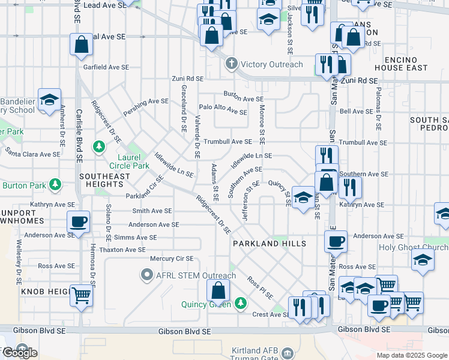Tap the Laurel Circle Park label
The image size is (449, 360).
point(129,161)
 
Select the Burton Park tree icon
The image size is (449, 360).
point(55,184)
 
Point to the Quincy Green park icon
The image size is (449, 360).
point(241,303)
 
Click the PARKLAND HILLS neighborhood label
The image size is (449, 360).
point(270,244)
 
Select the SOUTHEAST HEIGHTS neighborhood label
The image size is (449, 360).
point(104,176)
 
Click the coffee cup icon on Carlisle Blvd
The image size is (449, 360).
point(79,223)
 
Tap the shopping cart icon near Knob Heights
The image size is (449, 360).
point(81,295)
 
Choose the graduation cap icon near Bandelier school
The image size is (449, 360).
point(49,99)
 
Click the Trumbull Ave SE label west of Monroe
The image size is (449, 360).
point(228,142)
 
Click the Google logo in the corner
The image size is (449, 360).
point(19,352)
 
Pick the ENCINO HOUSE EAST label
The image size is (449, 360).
point(406,64)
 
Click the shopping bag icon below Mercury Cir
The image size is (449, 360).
point(218,290)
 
